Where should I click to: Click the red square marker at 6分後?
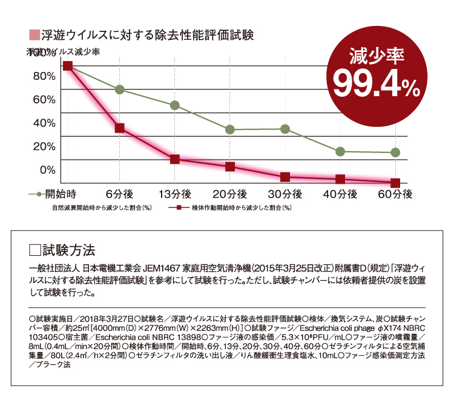(x=120, y=128)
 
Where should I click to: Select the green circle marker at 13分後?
(x=175, y=105)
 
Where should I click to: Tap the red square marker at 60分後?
(x=395, y=183)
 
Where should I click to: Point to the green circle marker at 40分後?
(x=340, y=151)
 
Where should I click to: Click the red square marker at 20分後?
(x=230, y=166)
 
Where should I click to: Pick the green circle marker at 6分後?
(x=120, y=90)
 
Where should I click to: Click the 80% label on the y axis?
(x=44, y=76)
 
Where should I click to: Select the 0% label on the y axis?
(x=48, y=170)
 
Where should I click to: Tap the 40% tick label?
(x=44, y=123)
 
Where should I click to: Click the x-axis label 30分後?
(x=285, y=195)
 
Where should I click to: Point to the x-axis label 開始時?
(x=61, y=195)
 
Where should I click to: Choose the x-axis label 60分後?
(x=395, y=195)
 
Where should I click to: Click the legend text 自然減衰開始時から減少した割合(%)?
(x=101, y=207)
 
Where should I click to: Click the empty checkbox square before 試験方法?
(x=35, y=248)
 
